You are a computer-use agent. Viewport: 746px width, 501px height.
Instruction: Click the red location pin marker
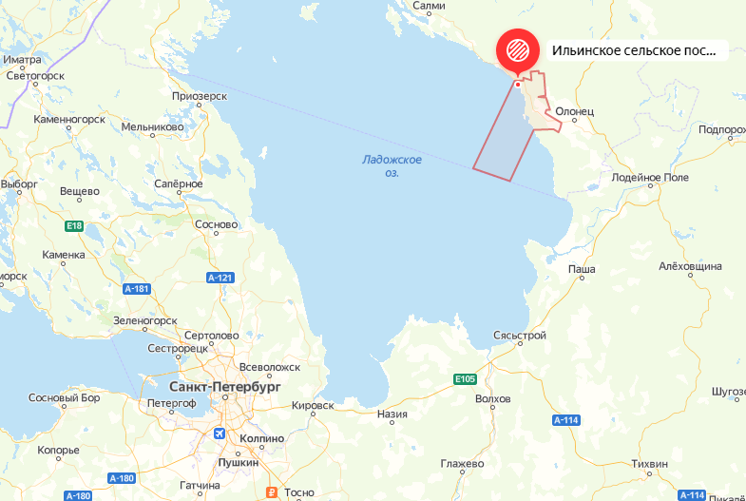pos(518,49)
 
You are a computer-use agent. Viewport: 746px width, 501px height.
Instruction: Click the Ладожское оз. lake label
pos(392,166)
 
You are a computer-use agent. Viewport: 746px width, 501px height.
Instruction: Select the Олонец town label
pos(574,111)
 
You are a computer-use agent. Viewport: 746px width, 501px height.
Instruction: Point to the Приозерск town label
pos(200,96)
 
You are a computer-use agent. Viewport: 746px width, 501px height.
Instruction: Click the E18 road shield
pos(74,225)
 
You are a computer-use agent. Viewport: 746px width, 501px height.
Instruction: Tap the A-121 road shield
pos(220,277)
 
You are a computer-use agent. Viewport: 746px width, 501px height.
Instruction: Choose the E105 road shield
pos(465,379)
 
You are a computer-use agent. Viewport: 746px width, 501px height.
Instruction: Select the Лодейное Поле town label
pos(650,178)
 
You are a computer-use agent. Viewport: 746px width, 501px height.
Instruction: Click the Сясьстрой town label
pos(520,337)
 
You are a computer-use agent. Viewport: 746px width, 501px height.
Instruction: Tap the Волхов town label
pos(492,398)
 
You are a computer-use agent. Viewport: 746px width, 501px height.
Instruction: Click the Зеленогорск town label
pos(145,320)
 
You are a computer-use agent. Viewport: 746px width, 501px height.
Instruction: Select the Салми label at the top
pos(430,6)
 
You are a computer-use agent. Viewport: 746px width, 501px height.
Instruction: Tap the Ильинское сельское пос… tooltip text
pos(633,49)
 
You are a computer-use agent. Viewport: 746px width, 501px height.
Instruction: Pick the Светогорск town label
pos(34,75)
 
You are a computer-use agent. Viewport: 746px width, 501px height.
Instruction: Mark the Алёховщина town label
pos(690,267)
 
